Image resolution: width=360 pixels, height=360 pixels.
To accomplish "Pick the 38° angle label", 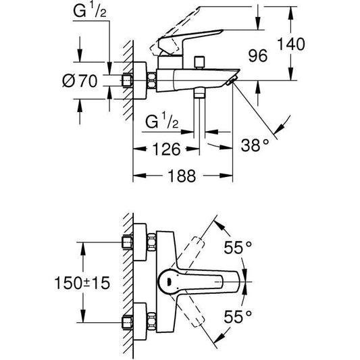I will [256, 145].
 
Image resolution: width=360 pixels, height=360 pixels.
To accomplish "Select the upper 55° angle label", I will [238, 247].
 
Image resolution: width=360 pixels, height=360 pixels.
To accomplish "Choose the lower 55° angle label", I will [238, 315].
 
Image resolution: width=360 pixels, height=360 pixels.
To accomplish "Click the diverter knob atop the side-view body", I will [200, 63].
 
